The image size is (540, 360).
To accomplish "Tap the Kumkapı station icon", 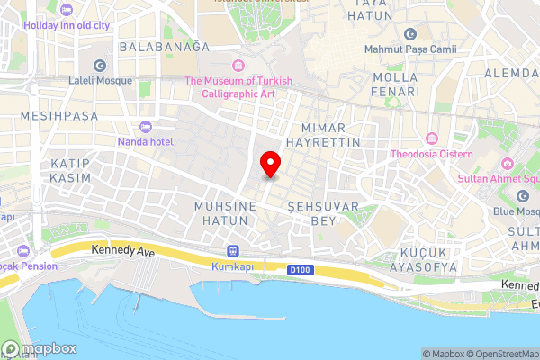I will tap(233, 251).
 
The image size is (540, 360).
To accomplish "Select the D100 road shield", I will tap(301, 269).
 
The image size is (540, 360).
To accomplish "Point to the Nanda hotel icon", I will tap(146, 126).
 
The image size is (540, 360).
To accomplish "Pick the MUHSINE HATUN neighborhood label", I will tap(226, 212).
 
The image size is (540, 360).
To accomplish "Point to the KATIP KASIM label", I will tap(72, 171).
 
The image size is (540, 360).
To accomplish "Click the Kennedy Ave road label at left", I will tap(123, 254).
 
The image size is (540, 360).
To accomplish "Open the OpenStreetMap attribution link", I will tap(499, 354).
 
